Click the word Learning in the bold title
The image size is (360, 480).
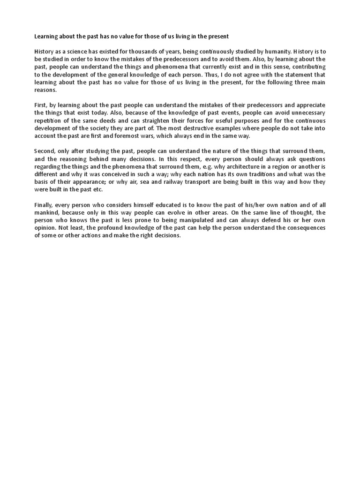tap(46, 36)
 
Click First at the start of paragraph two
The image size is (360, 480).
tap(40, 105)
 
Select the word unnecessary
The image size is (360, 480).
tap(305, 112)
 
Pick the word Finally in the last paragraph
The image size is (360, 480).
tap(44, 205)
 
